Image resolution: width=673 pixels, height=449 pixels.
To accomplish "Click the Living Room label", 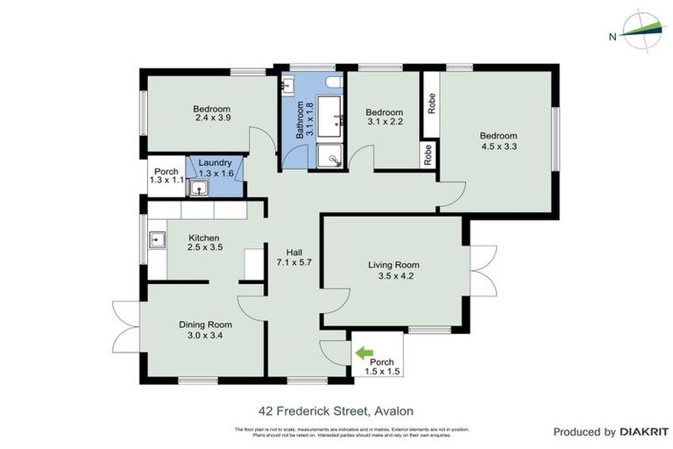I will (393, 265).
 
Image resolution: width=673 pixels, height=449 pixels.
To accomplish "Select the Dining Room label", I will (206, 324).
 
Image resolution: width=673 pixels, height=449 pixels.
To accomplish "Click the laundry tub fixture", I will (200, 189).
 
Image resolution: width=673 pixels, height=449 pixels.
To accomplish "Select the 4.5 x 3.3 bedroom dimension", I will (498, 148).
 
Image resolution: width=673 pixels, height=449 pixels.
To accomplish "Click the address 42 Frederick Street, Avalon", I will (336, 410).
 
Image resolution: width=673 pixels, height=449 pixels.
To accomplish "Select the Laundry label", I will (215, 162).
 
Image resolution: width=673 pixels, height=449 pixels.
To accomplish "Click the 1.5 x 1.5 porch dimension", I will (382, 372).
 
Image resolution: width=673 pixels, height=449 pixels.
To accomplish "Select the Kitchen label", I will (204, 238).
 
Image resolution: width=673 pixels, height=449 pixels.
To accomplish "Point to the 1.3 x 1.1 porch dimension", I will (166, 181).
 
